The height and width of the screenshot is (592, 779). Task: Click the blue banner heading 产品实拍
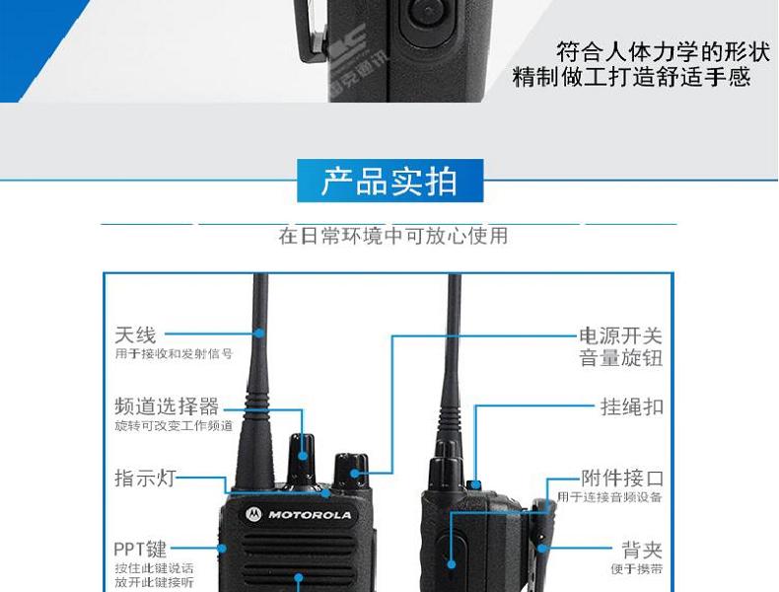click(x=389, y=183)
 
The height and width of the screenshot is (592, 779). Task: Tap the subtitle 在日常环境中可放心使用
click(x=392, y=237)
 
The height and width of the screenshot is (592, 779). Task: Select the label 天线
click(x=135, y=336)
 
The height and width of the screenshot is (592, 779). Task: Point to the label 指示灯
click(x=145, y=479)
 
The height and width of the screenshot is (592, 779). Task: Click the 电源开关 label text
click(x=620, y=336)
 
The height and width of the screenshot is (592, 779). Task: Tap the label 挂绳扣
click(x=632, y=407)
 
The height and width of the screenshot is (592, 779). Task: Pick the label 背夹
click(x=642, y=550)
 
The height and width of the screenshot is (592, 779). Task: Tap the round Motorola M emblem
click(x=253, y=514)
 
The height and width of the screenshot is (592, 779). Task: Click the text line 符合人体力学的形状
click(x=654, y=51)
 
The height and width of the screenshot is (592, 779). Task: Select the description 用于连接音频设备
click(x=609, y=497)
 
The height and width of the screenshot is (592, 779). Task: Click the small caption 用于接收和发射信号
click(x=174, y=353)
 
